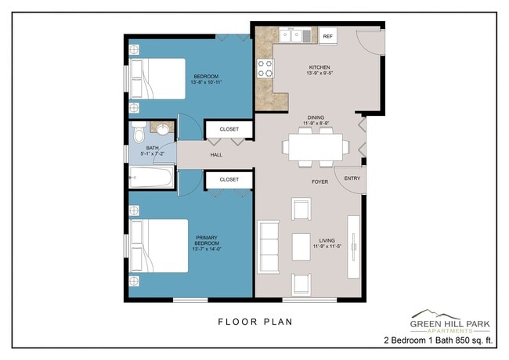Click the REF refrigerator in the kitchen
[328, 36]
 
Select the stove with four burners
[265, 68]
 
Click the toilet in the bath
[139, 131]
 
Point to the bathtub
[151, 177]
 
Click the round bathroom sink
[162, 129]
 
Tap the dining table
[316, 147]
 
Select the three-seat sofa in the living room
[269, 247]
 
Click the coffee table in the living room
[301, 247]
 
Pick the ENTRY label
[352, 178]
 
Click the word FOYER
[319, 182]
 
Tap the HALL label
[216, 155]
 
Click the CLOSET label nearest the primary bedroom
[229, 179]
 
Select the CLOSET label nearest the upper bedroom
[229, 129]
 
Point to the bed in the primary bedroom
[159, 246]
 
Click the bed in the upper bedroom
[157, 79]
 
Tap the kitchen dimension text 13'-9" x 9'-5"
[319, 74]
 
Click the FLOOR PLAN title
[255, 322]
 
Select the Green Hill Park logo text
[450, 324]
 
